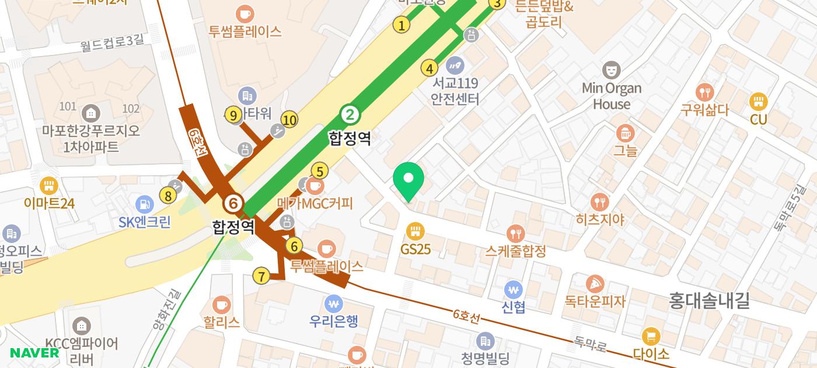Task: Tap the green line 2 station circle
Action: point(350,114)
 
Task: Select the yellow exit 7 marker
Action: point(261,276)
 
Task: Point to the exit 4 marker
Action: point(430,68)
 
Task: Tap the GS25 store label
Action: point(415,249)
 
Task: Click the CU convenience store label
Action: point(758,119)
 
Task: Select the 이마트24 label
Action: point(49,203)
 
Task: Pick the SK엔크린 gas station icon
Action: point(144,204)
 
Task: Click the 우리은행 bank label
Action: point(333,321)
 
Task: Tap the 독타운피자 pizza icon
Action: point(594,284)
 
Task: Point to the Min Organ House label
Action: point(611,96)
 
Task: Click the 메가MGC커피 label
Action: point(315,203)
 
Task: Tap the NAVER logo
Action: point(34,353)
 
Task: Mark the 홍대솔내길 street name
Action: point(709,301)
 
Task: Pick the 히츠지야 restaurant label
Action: point(600,219)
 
